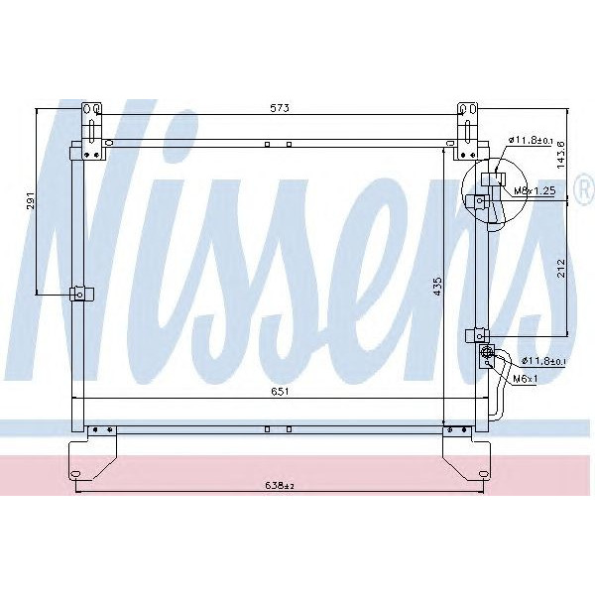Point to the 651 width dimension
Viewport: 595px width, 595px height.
[x=280, y=392]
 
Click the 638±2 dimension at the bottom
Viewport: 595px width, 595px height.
[x=281, y=485]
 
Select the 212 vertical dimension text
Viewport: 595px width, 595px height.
[x=560, y=268]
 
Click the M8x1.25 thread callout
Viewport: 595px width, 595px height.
[x=532, y=189]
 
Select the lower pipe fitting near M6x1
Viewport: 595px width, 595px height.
[x=486, y=354]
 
